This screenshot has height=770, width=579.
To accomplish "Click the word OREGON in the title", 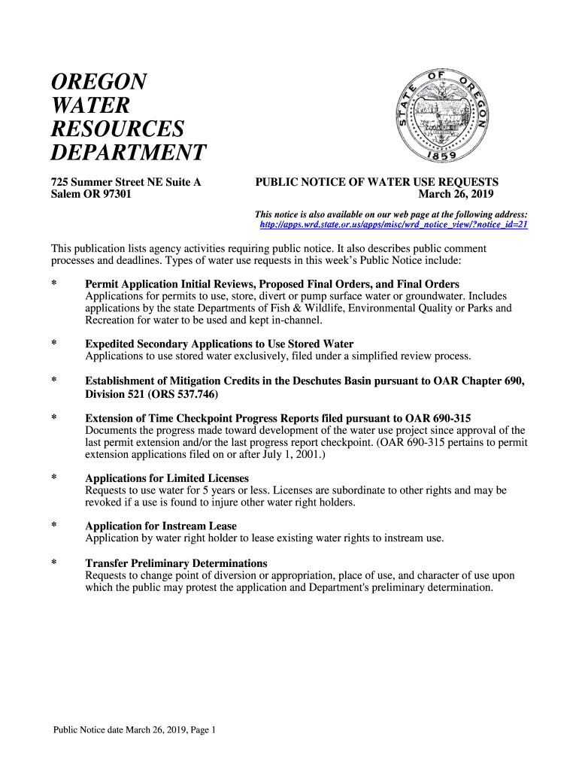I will (x=98, y=81).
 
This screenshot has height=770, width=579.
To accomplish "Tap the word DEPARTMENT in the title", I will (x=128, y=153).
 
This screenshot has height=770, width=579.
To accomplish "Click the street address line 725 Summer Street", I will (x=125, y=182).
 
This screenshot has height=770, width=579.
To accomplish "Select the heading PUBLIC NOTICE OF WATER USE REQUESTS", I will (x=377, y=182).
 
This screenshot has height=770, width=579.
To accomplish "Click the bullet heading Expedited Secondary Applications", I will (x=219, y=344).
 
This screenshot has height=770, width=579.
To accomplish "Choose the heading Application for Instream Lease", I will (x=161, y=526).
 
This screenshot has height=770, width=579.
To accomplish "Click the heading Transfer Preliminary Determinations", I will (x=176, y=563).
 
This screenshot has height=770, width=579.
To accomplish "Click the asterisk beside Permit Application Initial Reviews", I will (x=53, y=284).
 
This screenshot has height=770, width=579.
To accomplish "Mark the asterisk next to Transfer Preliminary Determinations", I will (x=53, y=563).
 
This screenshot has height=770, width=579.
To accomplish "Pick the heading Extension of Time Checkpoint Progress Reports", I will (x=278, y=418).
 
